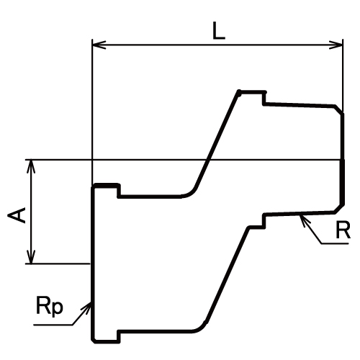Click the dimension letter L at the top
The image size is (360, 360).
(x=219, y=30)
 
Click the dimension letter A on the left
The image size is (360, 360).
(x=17, y=215)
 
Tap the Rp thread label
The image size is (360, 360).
(x=50, y=305)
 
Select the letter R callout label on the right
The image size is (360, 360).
(x=343, y=230)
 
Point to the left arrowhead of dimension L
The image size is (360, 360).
(x=99, y=45)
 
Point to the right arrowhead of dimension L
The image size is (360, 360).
(x=336, y=45)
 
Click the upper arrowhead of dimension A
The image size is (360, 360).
(x=31, y=166)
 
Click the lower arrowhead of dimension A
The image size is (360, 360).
(x=31, y=257)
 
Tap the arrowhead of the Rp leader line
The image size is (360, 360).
(x=86, y=307)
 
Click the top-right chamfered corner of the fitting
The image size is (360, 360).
(x=339, y=109)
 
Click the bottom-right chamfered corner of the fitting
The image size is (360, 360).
(x=339, y=208)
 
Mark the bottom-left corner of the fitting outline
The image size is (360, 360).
(x=94, y=341)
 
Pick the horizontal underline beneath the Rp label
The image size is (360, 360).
(x=53, y=325)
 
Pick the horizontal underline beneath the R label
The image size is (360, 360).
(x=335, y=243)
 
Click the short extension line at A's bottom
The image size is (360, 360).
(x=58, y=264)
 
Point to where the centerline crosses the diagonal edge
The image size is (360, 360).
(x=207, y=160)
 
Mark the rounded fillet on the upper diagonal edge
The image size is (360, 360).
(x=190, y=193)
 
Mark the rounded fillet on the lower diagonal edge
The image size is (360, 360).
(x=200, y=328)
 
